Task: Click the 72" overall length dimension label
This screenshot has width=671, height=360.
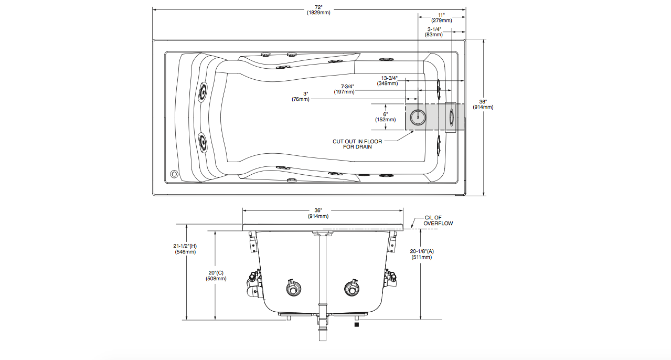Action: tap(318, 10)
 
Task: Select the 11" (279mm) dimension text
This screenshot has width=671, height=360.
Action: tap(441, 17)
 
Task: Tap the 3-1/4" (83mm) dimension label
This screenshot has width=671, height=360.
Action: tap(434, 31)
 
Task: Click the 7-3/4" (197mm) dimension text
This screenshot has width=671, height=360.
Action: tap(344, 89)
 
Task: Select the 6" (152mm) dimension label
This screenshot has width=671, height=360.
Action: tap(385, 117)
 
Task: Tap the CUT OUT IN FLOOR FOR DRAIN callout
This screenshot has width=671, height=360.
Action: tap(357, 144)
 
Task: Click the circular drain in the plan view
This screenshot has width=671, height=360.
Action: tap(418, 117)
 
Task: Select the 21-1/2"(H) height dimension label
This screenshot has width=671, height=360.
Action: tap(185, 249)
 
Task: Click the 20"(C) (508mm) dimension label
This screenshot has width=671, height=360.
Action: tap(216, 276)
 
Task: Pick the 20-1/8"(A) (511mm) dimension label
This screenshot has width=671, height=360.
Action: tap(422, 254)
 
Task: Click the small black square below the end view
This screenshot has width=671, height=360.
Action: tap(357, 325)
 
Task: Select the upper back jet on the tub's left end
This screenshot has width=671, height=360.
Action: tap(202, 92)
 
